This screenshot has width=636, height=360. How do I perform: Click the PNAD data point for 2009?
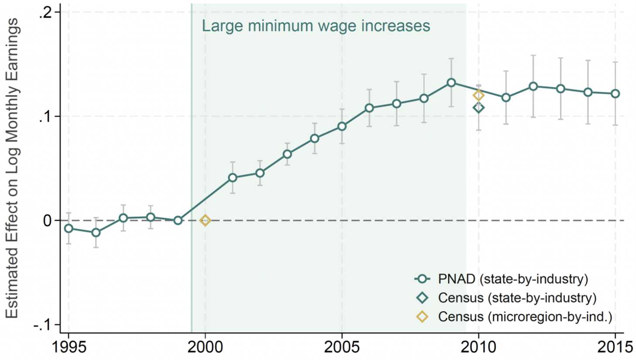coord(451,82)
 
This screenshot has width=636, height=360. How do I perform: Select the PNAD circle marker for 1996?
coord(96,233)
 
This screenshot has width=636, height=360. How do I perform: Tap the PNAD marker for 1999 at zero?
coord(178,220)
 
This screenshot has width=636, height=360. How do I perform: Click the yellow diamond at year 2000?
coord(205,220)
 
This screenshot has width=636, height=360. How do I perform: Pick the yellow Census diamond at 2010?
coord(479,95)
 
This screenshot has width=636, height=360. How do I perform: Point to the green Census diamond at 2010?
coord(479,107)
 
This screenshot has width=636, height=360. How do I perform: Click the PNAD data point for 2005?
coord(342,126)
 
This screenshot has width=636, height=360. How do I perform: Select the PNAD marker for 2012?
coord(533,86)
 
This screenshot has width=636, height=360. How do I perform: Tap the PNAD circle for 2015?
coord(615,93)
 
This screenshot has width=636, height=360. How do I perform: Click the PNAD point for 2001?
coord(233,178)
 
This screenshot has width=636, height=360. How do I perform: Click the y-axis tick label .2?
coord(45,12)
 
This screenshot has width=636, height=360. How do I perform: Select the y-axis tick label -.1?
coord(43,325)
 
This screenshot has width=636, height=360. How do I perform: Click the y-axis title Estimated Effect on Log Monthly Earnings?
coord(12,168)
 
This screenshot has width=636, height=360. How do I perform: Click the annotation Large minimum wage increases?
coord(316,26)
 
